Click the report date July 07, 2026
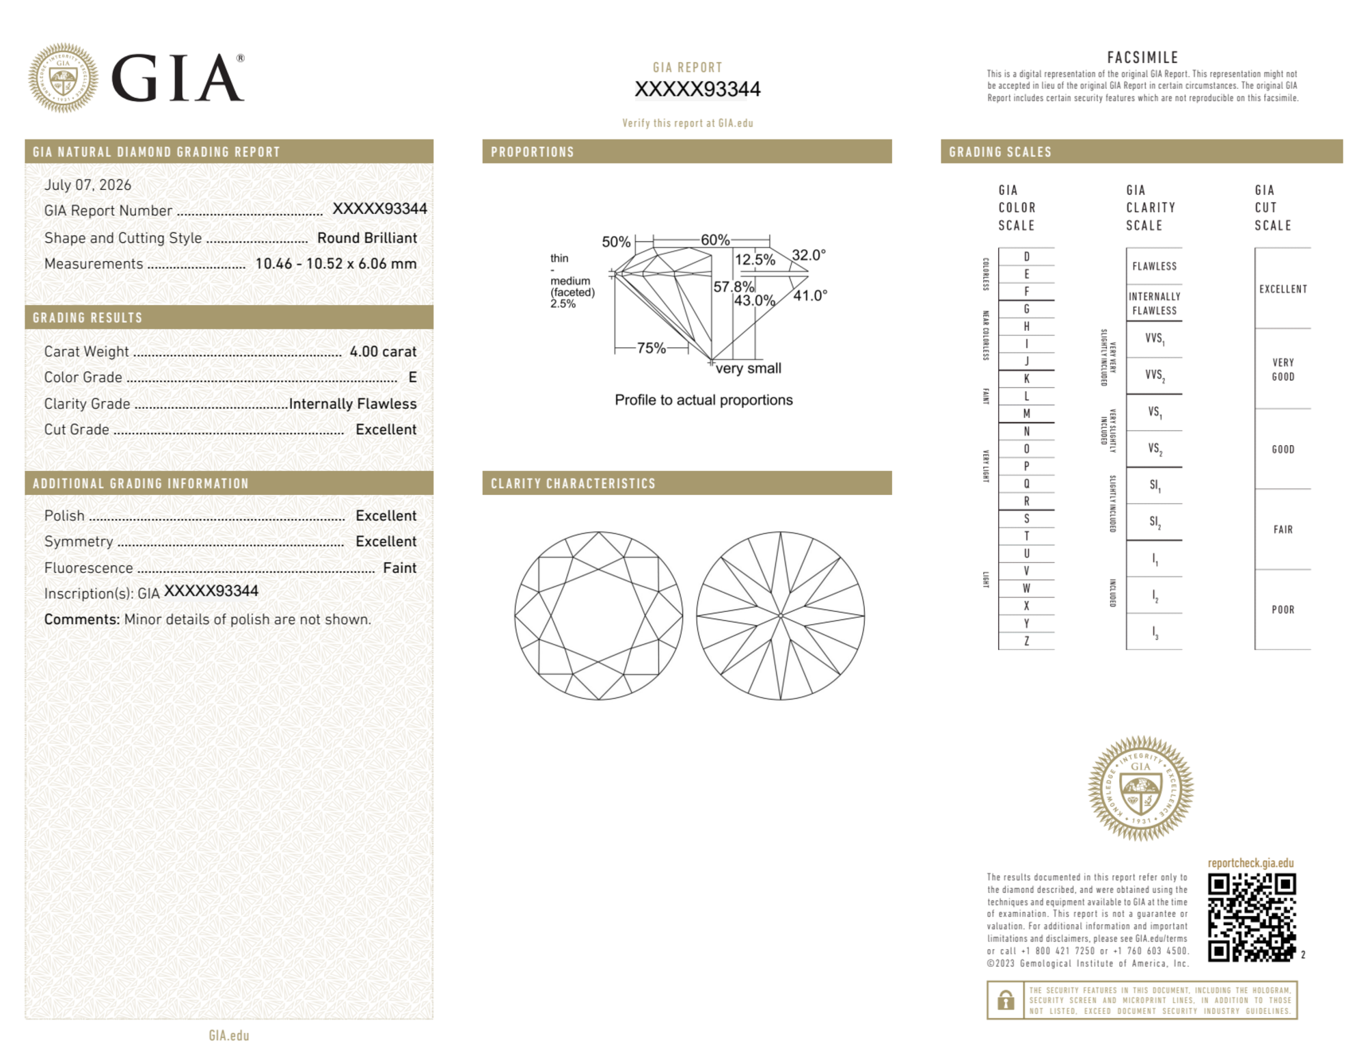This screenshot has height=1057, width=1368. (x=88, y=185)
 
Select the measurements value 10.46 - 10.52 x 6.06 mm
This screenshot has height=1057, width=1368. (x=336, y=264)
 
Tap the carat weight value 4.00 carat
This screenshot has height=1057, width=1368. (x=383, y=351)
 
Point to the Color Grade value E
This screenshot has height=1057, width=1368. (x=412, y=377)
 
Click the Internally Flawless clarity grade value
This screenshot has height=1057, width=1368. (x=353, y=404)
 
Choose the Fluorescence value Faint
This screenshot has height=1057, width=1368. (x=399, y=568)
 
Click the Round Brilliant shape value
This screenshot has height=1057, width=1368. (x=367, y=238)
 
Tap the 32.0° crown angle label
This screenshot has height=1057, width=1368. (x=809, y=255)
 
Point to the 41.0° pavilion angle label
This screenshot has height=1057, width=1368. (x=810, y=295)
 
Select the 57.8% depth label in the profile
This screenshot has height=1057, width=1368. (x=734, y=286)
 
